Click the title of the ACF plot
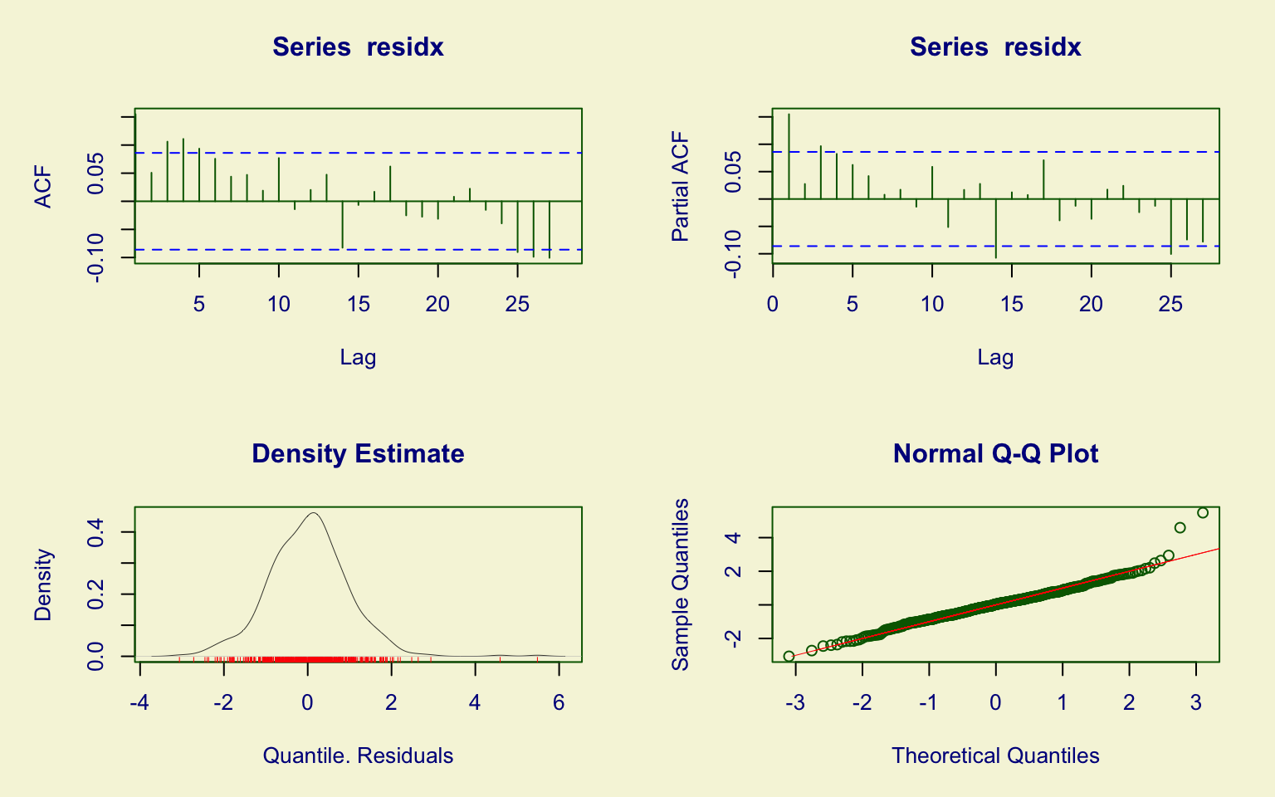pos(358,47)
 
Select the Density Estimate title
pos(358,454)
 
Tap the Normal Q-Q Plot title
pos(995,454)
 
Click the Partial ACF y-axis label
pos(681,187)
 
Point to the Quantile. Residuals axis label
pos(358,755)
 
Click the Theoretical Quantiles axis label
pos(995,755)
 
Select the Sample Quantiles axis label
pos(681,584)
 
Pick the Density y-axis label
pos(43,584)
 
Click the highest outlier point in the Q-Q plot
pos(1203,513)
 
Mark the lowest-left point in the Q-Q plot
pos(789,656)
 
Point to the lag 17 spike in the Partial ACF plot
pos(1043,178)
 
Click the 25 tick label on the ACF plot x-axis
pos(517,305)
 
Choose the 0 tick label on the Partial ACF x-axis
pos(773,305)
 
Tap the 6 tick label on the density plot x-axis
pos(559,703)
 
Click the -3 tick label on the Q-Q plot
pos(794,703)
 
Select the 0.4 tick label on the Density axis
pos(96,531)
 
